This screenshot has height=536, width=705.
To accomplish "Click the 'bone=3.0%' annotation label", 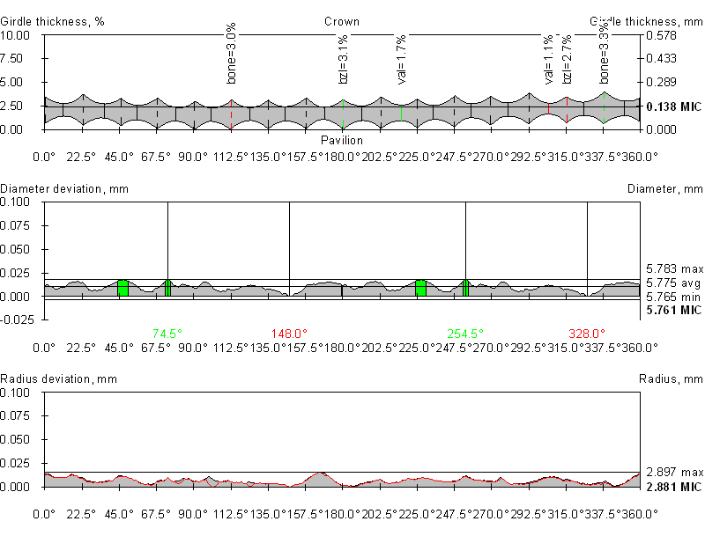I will (232, 55).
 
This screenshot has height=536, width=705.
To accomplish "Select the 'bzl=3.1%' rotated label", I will (344, 60).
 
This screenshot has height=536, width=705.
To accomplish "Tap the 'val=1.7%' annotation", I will (402, 60).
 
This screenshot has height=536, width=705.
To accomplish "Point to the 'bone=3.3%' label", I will (605, 55).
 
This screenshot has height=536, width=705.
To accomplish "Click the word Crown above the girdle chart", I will (342, 22).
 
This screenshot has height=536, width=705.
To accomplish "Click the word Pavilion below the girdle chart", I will (342, 140).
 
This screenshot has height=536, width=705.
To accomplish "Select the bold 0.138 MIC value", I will (673, 107).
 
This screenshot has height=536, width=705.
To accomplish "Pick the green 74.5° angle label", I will (167, 334).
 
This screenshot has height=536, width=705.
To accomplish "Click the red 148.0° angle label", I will (289, 334).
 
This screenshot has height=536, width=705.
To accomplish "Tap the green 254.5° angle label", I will (464, 334).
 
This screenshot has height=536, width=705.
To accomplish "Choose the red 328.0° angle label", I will (587, 334).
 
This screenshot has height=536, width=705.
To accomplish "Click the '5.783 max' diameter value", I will (673, 268).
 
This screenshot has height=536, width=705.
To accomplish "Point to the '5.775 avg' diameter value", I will (673, 283).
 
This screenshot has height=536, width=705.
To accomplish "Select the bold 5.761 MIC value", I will (673, 311).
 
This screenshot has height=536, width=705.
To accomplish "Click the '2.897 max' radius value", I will (673, 472).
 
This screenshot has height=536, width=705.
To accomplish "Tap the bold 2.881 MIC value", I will (673, 487).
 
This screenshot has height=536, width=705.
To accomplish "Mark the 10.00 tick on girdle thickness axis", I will (16, 35).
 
